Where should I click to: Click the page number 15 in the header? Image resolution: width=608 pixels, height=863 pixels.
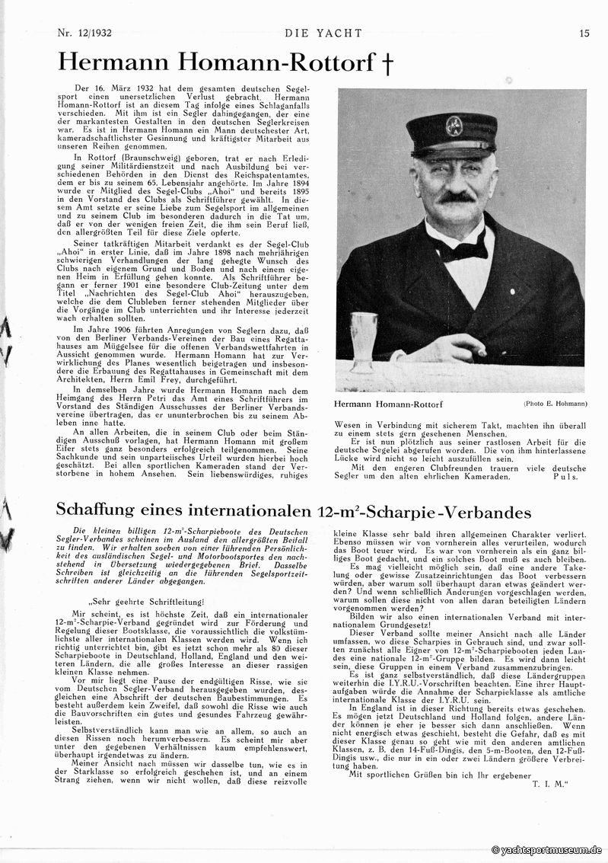coord(584,33)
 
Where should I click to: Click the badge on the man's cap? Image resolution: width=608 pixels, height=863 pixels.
coord(454,123)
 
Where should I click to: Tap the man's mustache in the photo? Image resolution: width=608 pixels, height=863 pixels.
coord(457,197)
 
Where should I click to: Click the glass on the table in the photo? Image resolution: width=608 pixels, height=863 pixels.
coord(364,339)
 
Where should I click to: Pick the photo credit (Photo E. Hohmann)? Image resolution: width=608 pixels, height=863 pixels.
coord(555,403)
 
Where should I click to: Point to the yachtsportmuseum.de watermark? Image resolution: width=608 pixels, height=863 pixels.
coord(547,849)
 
